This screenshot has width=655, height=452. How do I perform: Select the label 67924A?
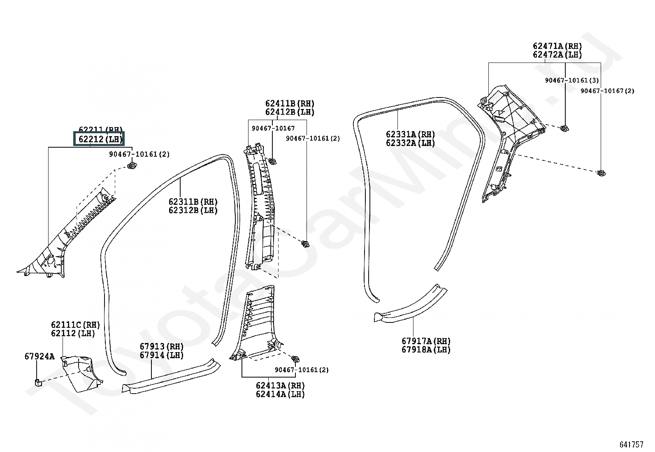pyautogui.click(x=39, y=356)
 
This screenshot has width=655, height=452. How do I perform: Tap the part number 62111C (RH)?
pyautogui.click(x=75, y=325)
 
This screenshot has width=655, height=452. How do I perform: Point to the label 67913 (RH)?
pyautogui.click(x=161, y=347)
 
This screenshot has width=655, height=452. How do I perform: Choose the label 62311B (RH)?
pyautogui.click(x=193, y=202)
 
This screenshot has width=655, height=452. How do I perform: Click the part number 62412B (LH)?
pyautogui.click(x=290, y=112)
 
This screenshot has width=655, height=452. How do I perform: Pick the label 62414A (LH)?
pyautogui.click(x=280, y=394)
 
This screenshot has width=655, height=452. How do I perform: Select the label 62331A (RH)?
pyautogui.click(x=410, y=134)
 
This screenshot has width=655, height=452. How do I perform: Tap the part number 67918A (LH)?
pyautogui.click(x=426, y=350)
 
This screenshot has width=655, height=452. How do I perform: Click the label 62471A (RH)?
pyautogui.click(x=557, y=46)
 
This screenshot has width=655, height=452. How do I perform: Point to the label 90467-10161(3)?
pyautogui.click(x=572, y=81)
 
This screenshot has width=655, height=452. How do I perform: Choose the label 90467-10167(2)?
pyautogui.click(x=607, y=91)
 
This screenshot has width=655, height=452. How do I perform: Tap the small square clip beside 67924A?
pyautogui.click(x=37, y=383)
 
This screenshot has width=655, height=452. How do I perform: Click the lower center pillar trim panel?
pyautogui.click(x=257, y=325)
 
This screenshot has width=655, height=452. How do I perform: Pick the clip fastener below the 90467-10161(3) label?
pyautogui.click(x=565, y=128)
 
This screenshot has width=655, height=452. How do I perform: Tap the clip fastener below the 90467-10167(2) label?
pyautogui.click(x=601, y=173)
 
